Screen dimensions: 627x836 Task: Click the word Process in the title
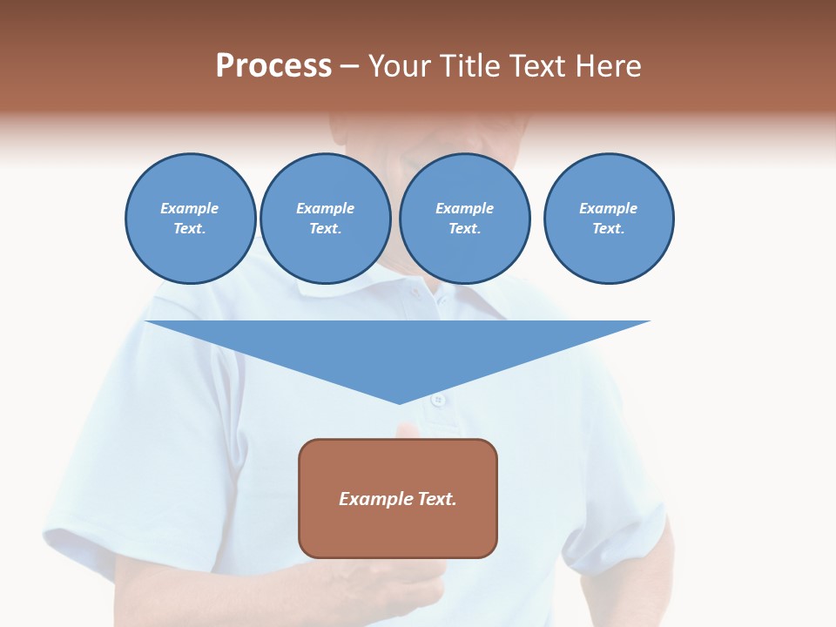point(273,66)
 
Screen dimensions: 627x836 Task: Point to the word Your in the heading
point(401,66)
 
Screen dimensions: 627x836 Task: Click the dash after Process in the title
point(350,67)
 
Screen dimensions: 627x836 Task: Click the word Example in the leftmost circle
point(190,208)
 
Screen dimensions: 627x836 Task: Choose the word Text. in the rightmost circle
point(609,228)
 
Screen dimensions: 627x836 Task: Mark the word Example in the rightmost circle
point(609,208)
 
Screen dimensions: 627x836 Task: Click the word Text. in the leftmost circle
point(190,228)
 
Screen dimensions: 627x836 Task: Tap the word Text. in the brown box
point(438,499)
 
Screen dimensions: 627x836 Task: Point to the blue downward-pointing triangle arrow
point(398,348)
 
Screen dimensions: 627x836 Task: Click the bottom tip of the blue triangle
point(399,401)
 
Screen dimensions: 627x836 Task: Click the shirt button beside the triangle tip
point(438,399)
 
